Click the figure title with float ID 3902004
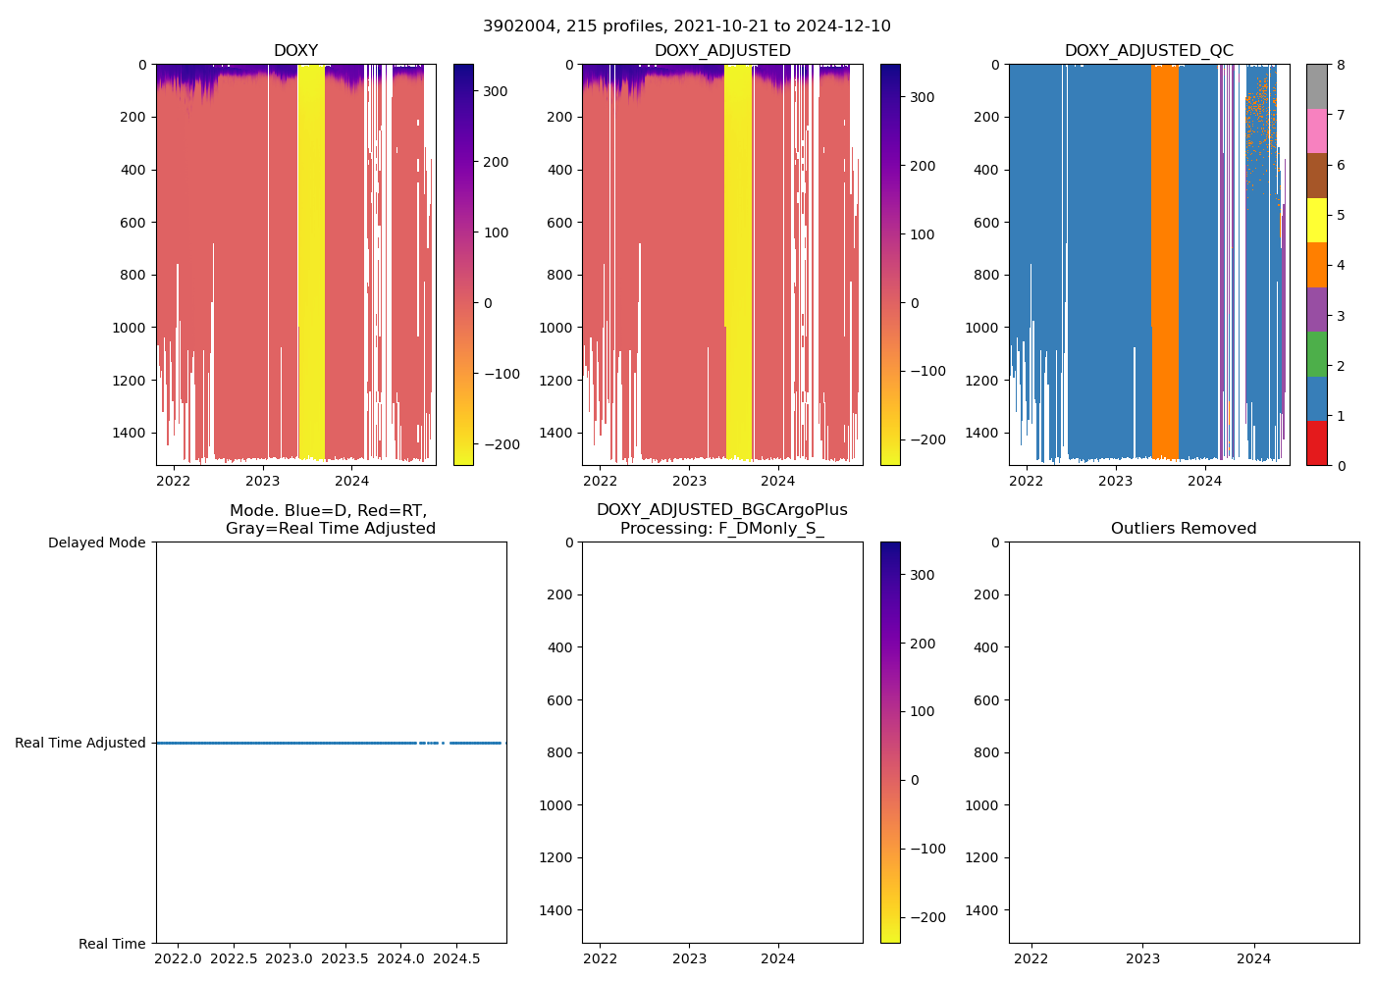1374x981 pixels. tap(687, 26)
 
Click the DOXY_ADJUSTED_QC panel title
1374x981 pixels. tap(1148, 51)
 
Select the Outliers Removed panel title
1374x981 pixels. tap(1183, 529)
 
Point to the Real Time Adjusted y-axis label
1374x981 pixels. tap(79, 744)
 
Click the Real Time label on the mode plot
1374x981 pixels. tap(112, 944)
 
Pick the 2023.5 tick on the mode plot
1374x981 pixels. tap(344, 958)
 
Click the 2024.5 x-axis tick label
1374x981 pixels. tap(456, 958)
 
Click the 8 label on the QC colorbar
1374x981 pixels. tap(1340, 66)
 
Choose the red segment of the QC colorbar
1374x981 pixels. tap(1316, 443)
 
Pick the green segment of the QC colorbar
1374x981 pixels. tap(1316, 354)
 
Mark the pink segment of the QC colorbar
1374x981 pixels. tap(1316, 131)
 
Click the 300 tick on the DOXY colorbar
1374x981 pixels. tap(496, 91)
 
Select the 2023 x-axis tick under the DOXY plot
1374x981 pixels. tap(263, 481)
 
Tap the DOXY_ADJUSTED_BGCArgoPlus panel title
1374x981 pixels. tap(721, 519)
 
